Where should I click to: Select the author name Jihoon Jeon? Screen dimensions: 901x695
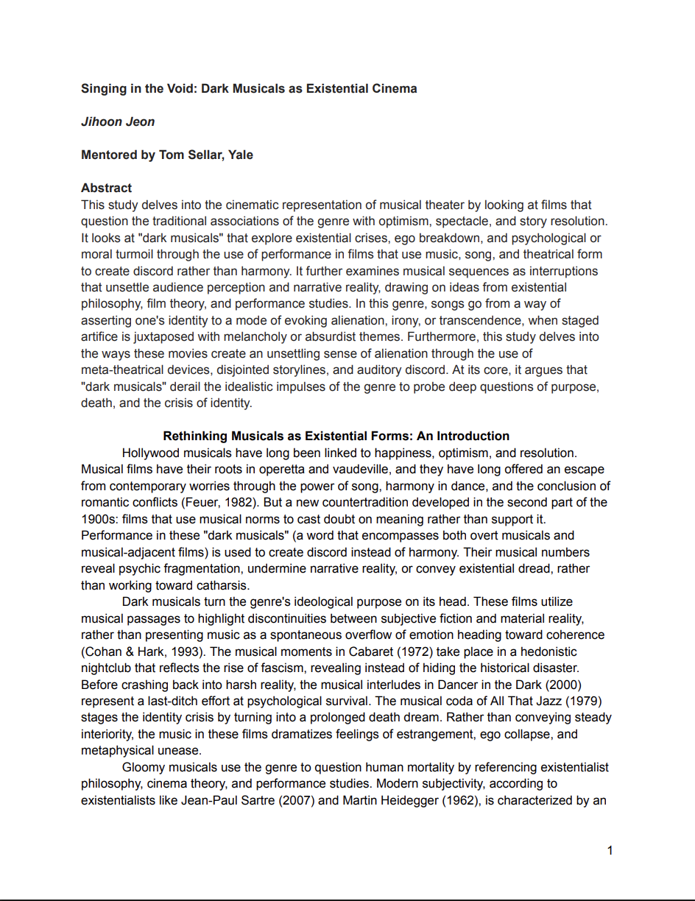click(x=118, y=121)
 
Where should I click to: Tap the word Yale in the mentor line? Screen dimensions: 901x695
click(x=241, y=155)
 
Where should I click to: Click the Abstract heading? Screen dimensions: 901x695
click(x=107, y=188)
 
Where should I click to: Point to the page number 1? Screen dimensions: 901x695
click(x=610, y=851)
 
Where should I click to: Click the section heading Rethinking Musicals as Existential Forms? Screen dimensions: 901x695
click(x=336, y=436)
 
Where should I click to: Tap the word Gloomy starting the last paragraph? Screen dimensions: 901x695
click(x=144, y=767)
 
